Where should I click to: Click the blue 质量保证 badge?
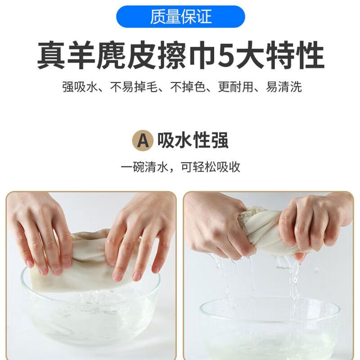[x=180, y=17]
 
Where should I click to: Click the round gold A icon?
[x=143, y=140]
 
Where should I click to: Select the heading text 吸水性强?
[x=193, y=140]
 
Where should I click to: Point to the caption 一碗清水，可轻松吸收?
[x=180, y=167]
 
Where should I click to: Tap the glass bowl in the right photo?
[x=270, y=328]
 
